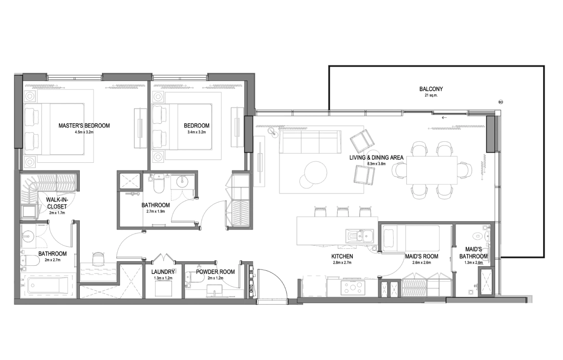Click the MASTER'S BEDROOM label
click(x=84, y=126)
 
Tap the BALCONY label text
click(x=431, y=89)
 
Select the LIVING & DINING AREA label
click(x=376, y=157)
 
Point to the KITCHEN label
click(x=342, y=256)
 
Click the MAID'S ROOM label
click(x=422, y=256)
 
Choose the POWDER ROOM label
click(x=215, y=271)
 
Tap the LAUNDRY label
click(x=163, y=272)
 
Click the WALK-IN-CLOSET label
click(x=57, y=203)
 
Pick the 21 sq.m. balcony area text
click(x=431, y=96)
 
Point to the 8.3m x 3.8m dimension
click(x=376, y=164)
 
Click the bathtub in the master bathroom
click(x=48, y=286)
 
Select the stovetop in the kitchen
click(x=353, y=287)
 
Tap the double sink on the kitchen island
click(x=360, y=236)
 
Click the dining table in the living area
click(x=431, y=171)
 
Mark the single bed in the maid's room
click(x=410, y=238)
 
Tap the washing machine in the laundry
click(x=163, y=288)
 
